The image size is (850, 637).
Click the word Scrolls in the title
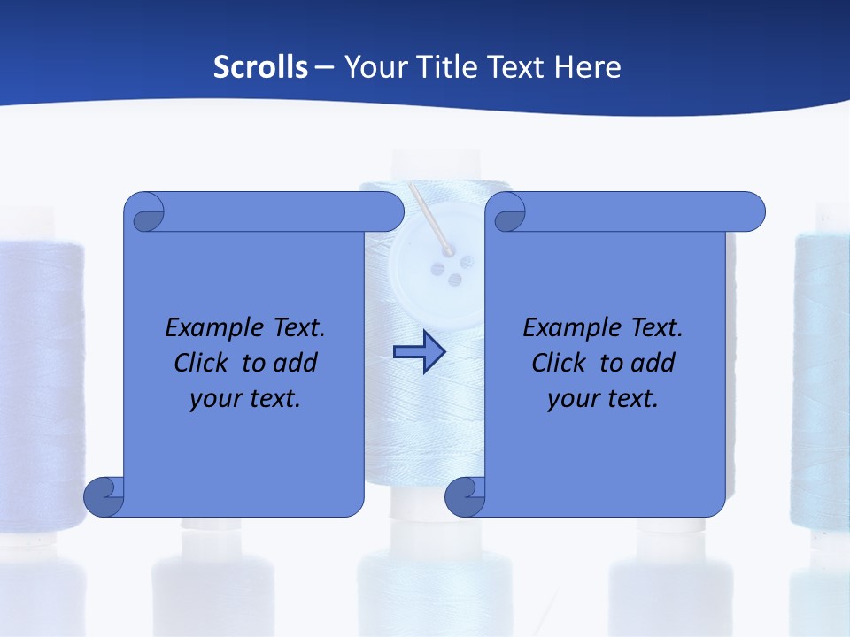260,67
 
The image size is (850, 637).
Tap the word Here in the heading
588,67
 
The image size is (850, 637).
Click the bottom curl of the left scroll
104,497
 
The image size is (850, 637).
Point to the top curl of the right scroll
509,213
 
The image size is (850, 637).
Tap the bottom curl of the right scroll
466,497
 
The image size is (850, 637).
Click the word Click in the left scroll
200,363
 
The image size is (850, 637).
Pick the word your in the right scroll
571,398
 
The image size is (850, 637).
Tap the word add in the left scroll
296,363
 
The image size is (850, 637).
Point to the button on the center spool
437,265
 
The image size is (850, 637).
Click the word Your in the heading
371,67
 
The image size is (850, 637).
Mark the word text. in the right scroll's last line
630,398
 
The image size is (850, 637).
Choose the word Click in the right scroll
558,363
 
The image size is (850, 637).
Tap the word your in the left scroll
213,398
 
